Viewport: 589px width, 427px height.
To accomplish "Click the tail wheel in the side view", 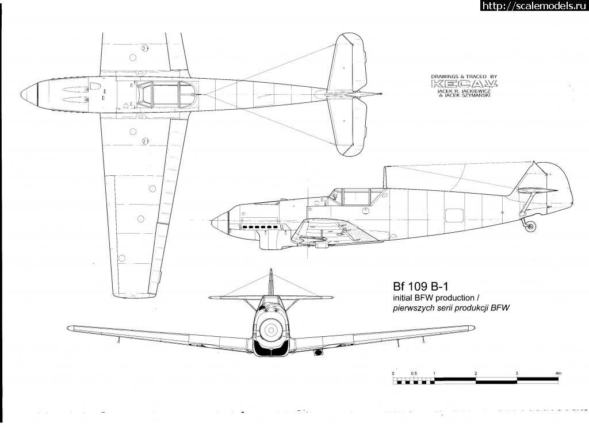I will [530, 226].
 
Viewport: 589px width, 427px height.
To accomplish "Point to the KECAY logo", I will [463, 84].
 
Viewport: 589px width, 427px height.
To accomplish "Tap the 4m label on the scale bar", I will [558, 374].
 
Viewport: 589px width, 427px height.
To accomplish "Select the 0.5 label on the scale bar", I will [414, 374].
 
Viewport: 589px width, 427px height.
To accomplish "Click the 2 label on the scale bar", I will [476, 374].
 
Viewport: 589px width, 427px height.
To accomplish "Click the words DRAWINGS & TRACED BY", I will [463, 76].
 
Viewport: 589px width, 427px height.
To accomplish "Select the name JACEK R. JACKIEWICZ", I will [463, 90].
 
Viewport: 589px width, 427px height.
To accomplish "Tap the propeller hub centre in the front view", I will [270, 329].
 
